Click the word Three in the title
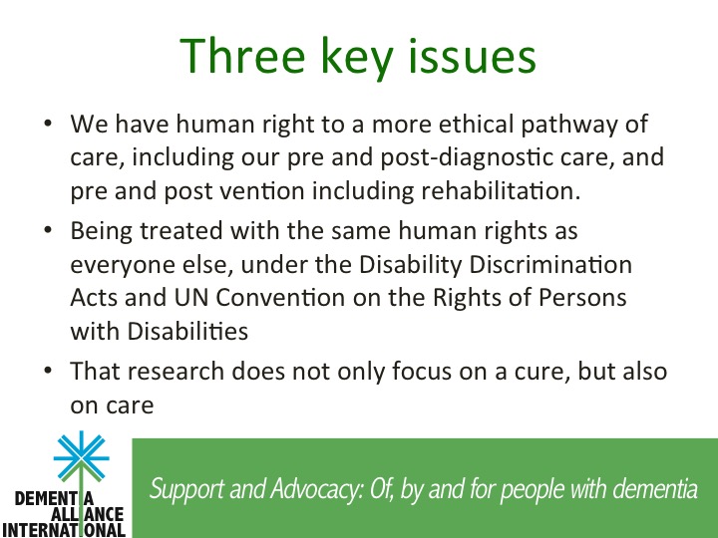click(242, 56)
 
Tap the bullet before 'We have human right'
click(48, 124)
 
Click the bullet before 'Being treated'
click(48, 230)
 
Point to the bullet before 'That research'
click(48, 371)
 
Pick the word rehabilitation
click(501, 190)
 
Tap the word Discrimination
click(550, 264)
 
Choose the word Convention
click(280, 297)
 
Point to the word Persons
click(582, 297)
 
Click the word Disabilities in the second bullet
click(187, 331)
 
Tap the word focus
click(422, 371)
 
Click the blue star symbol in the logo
click(82, 456)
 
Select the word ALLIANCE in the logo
click(87, 515)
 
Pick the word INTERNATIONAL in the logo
click(64, 530)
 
